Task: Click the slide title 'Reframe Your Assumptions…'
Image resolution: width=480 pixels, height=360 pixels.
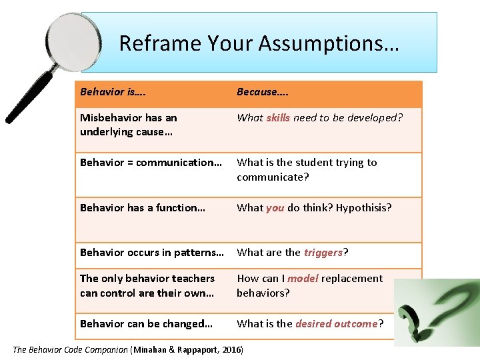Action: point(259,43)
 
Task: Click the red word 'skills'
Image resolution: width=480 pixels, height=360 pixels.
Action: point(278,117)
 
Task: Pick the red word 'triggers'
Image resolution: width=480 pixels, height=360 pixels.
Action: point(323,252)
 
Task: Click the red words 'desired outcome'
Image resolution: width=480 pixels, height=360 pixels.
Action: point(337,323)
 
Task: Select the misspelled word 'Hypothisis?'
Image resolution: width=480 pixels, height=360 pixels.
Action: point(364,207)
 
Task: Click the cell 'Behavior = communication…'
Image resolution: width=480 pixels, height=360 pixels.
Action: point(151,162)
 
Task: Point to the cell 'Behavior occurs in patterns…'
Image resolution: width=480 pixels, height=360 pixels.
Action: point(152,252)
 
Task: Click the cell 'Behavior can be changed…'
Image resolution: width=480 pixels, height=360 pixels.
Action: point(146,323)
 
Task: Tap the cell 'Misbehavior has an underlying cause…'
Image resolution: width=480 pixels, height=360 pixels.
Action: point(129,125)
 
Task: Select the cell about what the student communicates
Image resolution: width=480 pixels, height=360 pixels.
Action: point(307,169)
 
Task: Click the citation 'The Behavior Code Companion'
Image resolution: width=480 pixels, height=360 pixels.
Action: point(71,349)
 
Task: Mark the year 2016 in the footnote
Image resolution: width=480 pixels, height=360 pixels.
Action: point(230,349)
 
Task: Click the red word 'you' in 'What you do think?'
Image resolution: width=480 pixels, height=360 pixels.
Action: point(275,207)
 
